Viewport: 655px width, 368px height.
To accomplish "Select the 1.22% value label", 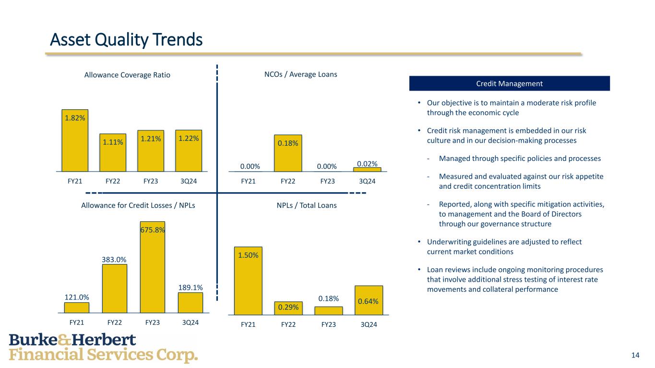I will click(189, 138).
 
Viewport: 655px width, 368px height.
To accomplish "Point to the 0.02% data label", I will click(367, 163).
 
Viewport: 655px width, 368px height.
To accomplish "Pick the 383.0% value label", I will click(114, 259).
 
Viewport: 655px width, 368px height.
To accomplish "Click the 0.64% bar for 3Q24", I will click(369, 300).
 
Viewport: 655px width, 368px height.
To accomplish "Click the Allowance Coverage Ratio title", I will click(127, 75).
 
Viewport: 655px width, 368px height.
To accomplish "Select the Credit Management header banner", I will click(509, 83).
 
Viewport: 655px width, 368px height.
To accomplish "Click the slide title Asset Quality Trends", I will click(127, 40).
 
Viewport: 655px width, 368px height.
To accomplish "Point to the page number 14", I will click(635, 355).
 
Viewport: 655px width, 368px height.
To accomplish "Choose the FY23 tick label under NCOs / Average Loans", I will click(327, 181).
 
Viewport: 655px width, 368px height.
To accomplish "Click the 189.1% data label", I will click(191, 287).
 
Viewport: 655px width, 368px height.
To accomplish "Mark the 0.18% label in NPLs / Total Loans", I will click(329, 299).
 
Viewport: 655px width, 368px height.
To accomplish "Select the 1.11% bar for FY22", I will click(113, 152).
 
